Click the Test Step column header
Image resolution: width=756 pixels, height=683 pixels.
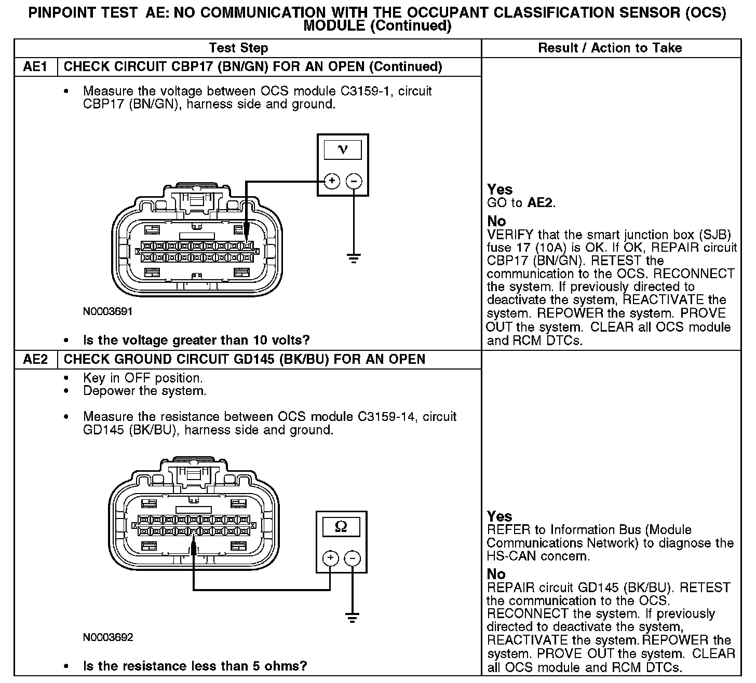[238, 48]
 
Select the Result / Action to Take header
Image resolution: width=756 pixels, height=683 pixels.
[610, 48]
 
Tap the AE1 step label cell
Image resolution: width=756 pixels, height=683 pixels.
[35, 66]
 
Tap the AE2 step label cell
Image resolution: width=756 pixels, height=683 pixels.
[35, 359]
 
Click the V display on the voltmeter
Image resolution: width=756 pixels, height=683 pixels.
[343, 150]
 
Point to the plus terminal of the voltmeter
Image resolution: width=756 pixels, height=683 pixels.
[332, 181]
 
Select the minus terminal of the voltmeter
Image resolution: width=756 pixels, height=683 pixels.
[354, 181]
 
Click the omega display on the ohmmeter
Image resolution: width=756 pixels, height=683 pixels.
[341, 527]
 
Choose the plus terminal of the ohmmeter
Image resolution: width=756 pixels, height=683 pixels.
[331, 558]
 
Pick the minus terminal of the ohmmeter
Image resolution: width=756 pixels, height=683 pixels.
[353, 558]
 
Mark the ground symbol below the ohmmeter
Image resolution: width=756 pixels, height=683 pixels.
[353, 618]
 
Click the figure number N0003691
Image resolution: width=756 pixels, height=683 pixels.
[108, 311]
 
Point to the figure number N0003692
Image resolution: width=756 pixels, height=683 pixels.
[108, 637]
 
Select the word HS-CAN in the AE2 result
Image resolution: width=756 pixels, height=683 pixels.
[511, 556]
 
